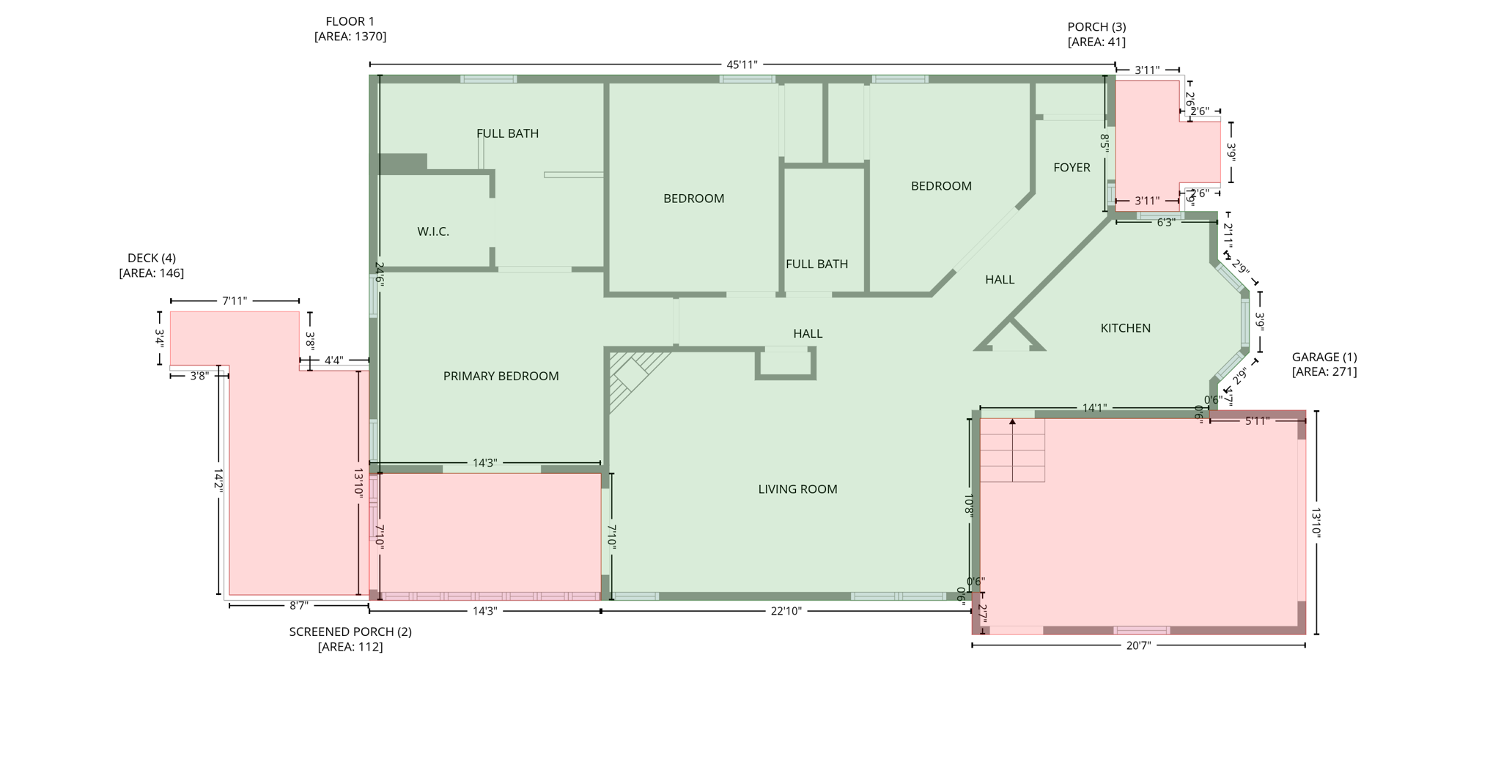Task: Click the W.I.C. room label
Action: pyautogui.click(x=433, y=231)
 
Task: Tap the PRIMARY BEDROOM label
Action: pyautogui.click(x=501, y=376)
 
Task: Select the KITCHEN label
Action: pyautogui.click(x=1125, y=328)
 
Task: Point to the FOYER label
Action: pyautogui.click(x=1072, y=168)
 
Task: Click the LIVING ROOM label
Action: pyautogui.click(x=797, y=489)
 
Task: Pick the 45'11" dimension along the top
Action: pyautogui.click(x=742, y=64)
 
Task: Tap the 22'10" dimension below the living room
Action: pyautogui.click(x=786, y=611)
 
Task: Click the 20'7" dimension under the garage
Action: pyautogui.click(x=1138, y=645)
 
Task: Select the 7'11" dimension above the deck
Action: pyautogui.click(x=235, y=301)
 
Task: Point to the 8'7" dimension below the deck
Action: pyautogui.click(x=298, y=606)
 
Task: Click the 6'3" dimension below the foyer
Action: pyautogui.click(x=1165, y=222)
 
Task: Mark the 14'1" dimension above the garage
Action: pyautogui.click(x=1094, y=408)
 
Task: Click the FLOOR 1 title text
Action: pyautogui.click(x=350, y=22)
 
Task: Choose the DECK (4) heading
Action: pyautogui.click(x=152, y=258)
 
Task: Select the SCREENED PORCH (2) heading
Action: pyautogui.click(x=350, y=631)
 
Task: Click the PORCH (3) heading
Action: pyautogui.click(x=1096, y=27)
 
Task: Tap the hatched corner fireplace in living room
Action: pyautogui.click(x=632, y=374)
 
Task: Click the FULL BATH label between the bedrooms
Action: pyautogui.click(x=816, y=264)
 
